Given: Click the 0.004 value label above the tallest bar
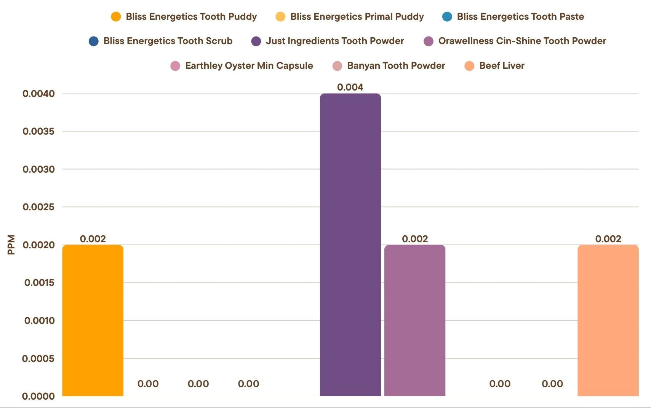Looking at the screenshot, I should click(x=350, y=87).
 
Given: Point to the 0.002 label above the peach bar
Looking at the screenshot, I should click(x=608, y=239).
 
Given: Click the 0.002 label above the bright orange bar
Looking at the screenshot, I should click(x=93, y=239).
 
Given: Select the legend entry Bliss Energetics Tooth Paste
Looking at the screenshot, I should click(x=520, y=17).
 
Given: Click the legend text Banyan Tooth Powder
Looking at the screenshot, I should click(x=396, y=66).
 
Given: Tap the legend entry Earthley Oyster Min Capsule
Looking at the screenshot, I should click(x=249, y=66).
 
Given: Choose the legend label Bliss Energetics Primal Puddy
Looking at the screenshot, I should click(x=357, y=17).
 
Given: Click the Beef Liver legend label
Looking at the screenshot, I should click(x=502, y=66).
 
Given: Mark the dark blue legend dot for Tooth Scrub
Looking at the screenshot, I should click(x=93, y=41).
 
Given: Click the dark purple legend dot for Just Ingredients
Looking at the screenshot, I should click(x=256, y=41).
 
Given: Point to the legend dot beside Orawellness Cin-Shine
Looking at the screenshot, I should click(x=429, y=41).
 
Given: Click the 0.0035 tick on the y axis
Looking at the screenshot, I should click(x=38, y=132).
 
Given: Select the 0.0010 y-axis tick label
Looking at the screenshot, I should click(x=39, y=321).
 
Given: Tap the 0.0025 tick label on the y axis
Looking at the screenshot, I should click(x=38, y=207).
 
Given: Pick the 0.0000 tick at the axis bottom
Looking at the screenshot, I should click(x=38, y=396).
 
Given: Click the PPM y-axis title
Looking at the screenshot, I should click(x=11, y=244).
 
